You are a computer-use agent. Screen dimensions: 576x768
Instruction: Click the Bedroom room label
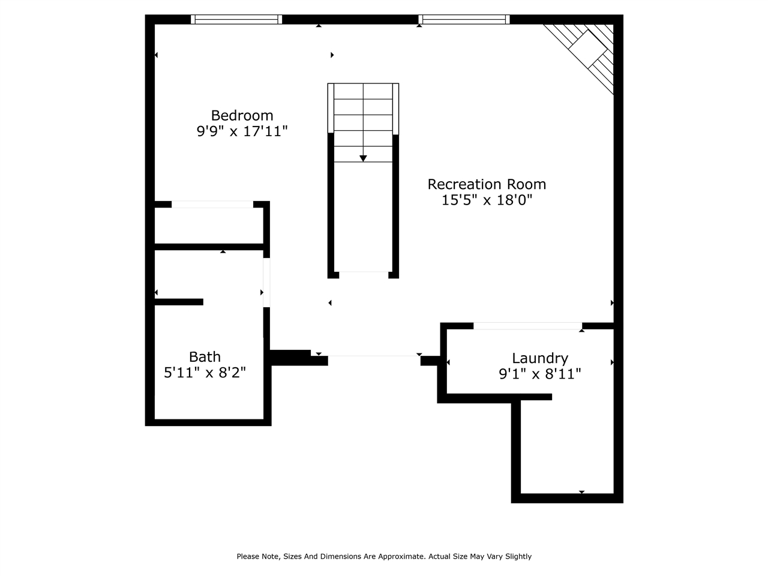[x=242, y=115]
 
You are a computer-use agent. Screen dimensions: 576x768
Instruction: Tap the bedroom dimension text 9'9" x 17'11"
[x=242, y=131]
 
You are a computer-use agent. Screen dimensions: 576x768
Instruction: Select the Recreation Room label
[x=487, y=184]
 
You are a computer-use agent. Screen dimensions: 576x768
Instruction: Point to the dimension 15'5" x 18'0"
[x=487, y=200]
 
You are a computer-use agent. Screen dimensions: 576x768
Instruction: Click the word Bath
[x=205, y=357]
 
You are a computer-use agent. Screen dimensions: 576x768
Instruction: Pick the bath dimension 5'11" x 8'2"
[x=205, y=373]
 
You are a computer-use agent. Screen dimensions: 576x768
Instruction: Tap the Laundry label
[x=539, y=358]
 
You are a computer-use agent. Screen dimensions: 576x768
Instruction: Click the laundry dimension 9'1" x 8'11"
[x=539, y=374]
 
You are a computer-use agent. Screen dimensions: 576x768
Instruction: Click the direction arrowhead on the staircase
[x=363, y=158]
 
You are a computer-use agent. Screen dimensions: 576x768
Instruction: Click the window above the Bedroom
[x=236, y=19]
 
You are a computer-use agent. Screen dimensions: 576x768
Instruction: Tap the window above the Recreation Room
[x=464, y=19]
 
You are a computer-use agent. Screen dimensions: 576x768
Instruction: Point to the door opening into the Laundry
[x=527, y=326]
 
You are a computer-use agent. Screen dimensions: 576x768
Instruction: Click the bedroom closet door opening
[x=212, y=205]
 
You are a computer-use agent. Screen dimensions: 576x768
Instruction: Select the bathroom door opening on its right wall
[x=266, y=283]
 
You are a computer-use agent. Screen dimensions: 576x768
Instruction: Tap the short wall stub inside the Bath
[x=179, y=302]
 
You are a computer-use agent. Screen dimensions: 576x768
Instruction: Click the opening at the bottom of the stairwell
[x=363, y=274]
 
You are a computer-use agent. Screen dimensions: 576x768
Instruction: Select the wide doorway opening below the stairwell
[x=374, y=356]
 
